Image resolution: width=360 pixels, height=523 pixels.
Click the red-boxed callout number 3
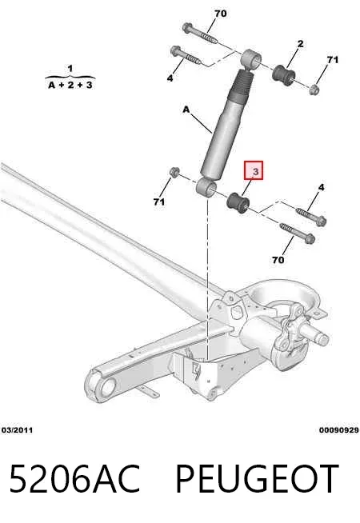coord(255,171)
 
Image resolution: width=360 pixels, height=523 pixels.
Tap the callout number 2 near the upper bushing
coord(300,44)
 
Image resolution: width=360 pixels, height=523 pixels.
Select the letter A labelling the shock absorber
coord(186,109)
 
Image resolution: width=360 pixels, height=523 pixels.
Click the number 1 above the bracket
coord(70,69)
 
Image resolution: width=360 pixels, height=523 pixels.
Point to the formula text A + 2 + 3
coord(70,85)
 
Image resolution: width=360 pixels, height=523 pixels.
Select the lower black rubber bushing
coord(238,202)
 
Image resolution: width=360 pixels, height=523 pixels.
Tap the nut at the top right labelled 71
coord(314,89)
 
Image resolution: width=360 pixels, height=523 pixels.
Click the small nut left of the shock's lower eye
coord(174,172)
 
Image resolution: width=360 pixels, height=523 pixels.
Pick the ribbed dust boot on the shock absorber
coord(242,86)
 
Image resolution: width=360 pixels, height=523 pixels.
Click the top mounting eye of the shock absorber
coord(250,59)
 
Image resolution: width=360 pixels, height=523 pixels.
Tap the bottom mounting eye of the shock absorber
coord(206,187)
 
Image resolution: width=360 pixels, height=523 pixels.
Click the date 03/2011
coord(18,430)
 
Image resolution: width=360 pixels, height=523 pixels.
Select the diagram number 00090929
coord(339,430)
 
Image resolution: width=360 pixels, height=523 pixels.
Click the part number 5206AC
coord(74,478)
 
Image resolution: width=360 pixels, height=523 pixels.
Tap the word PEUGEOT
coord(257,478)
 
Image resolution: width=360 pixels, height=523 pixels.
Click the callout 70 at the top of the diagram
coord(220,14)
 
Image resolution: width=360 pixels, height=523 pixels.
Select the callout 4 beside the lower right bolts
coord(321,187)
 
